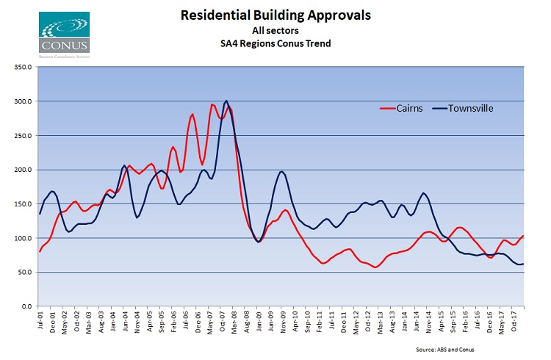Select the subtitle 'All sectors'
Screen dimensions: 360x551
[x=275, y=30]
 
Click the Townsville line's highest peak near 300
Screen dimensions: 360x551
[x=226, y=101]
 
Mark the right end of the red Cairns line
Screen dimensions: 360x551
[x=522, y=236]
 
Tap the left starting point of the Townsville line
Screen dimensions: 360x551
[x=40, y=214]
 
